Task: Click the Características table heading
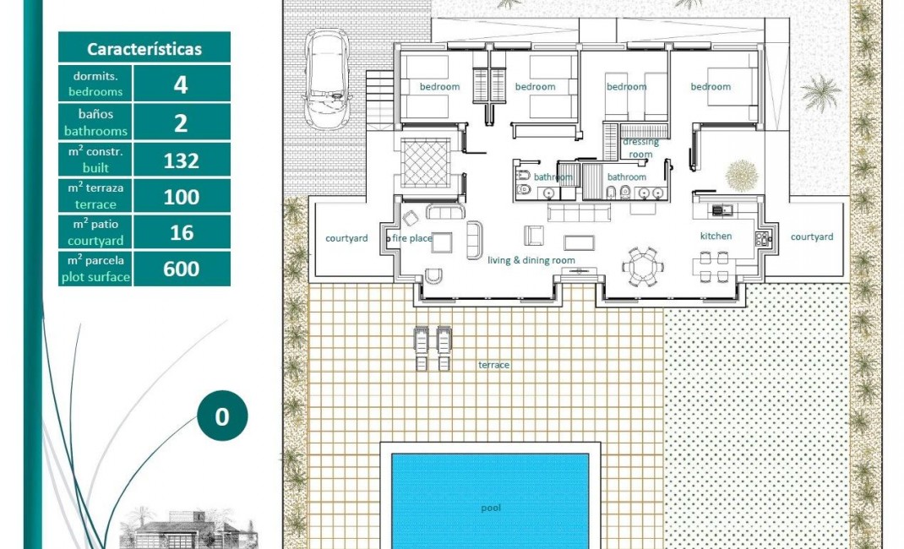[x=144, y=48]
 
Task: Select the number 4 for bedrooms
[x=181, y=84]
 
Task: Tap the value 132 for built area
[x=181, y=160]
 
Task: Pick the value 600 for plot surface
[x=181, y=269]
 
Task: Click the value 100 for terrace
[x=181, y=197]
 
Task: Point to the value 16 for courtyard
[x=181, y=233]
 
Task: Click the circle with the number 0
[x=222, y=417]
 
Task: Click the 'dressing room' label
[x=640, y=148]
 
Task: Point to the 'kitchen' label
[x=716, y=236]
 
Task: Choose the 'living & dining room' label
[x=531, y=260]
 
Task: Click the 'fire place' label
[x=411, y=238]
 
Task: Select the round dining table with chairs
[x=641, y=266]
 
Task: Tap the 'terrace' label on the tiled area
[x=494, y=364]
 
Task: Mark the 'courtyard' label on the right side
[x=811, y=236]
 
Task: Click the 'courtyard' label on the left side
[x=346, y=238]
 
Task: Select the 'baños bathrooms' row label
[x=95, y=122]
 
